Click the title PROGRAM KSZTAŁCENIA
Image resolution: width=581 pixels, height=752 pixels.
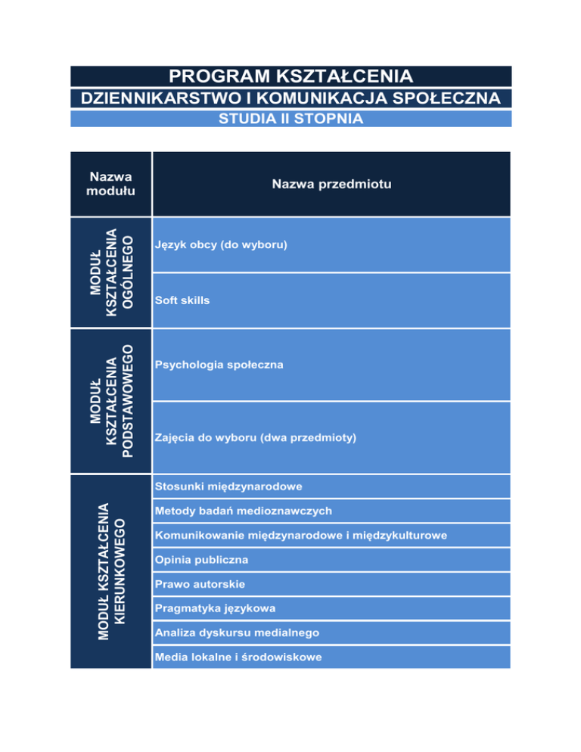[x=290, y=76]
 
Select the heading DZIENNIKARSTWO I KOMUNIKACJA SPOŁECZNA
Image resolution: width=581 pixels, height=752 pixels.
[x=290, y=98]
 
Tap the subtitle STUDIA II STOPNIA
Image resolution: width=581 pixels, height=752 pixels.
[x=290, y=119]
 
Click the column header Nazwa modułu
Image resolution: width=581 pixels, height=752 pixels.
[x=110, y=183]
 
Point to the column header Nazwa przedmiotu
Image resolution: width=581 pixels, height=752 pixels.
[x=331, y=183]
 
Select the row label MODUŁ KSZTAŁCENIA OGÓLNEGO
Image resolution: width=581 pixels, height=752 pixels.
[x=110, y=272]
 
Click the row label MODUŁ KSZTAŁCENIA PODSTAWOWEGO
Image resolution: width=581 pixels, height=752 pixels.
[x=110, y=401]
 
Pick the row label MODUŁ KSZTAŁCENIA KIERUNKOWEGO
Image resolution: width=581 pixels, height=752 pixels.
[x=110, y=571]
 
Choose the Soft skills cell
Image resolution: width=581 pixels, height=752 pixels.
[x=182, y=300]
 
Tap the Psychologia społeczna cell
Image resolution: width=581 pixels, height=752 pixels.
[x=219, y=365]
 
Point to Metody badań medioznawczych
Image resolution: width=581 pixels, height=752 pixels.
[x=243, y=511]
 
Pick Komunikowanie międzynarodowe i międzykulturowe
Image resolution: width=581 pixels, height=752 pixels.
[x=300, y=536]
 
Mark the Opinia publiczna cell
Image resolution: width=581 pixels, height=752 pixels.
[x=200, y=560]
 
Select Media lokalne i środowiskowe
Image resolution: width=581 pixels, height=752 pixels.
[x=238, y=657]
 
